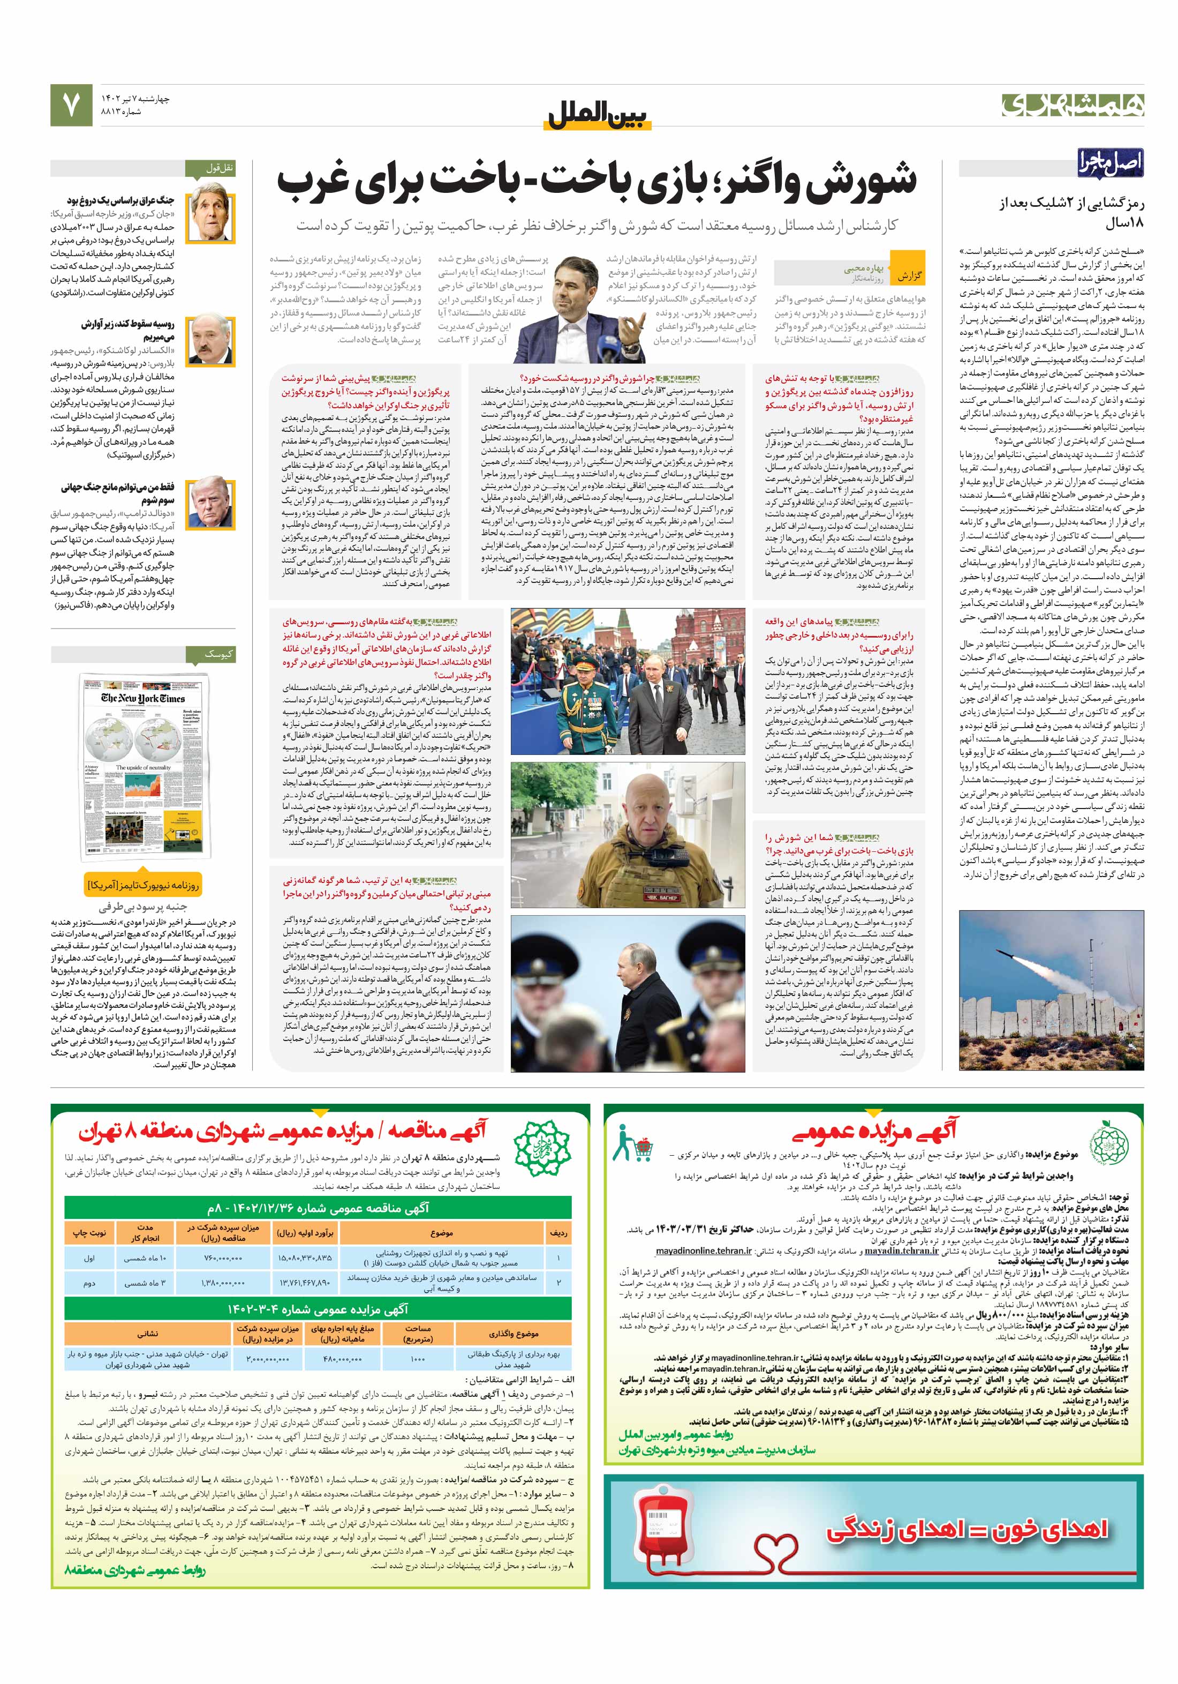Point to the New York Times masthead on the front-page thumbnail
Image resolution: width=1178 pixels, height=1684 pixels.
(143, 698)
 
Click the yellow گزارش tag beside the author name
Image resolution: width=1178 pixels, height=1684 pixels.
(909, 276)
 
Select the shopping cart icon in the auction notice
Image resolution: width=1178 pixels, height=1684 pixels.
(635, 1144)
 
